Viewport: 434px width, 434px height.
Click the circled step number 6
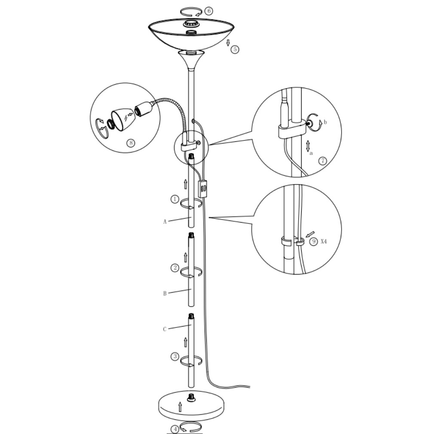[209, 11]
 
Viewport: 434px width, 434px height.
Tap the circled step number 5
[235, 49]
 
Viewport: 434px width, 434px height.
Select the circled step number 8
[131, 143]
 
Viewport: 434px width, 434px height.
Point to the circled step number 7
[323, 161]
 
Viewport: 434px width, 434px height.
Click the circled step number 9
[314, 241]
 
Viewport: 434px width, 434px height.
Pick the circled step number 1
[174, 199]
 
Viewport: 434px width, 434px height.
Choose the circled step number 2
[174, 268]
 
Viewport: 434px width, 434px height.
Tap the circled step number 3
[174, 357]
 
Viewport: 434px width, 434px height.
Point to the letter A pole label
[165, 222]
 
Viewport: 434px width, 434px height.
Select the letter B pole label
[165, 293]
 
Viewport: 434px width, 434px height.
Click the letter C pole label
[165, 329]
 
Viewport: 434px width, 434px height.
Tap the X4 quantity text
[324, 241]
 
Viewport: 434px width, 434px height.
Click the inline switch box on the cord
[203, 189]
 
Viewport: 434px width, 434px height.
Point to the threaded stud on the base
[191, 397]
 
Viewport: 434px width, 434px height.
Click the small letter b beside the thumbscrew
[325, 122]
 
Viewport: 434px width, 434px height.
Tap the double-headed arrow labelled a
[308, 146]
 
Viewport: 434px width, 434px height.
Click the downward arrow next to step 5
[228, 43]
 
